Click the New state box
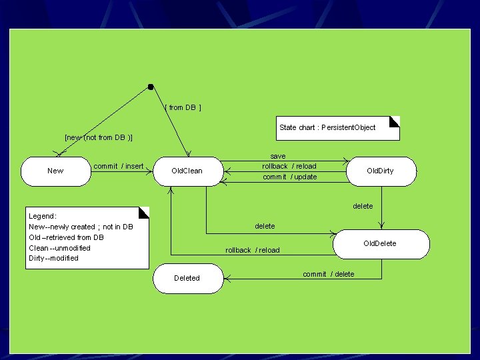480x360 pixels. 56,171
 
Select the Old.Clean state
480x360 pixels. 187,171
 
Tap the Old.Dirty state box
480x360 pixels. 381,171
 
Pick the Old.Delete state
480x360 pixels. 380,243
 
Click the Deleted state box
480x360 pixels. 187,278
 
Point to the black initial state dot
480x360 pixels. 151,87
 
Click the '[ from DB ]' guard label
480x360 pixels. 183,107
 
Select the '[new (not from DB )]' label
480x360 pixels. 99,138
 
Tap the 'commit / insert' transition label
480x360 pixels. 119,166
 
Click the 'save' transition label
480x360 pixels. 278,156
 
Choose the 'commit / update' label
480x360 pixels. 290,177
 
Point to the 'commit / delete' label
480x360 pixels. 329,274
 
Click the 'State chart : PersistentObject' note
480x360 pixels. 327,127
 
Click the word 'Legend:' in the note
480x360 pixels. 43,216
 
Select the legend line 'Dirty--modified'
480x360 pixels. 53,258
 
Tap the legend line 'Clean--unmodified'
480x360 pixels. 59,248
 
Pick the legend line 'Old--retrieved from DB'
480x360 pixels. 66,237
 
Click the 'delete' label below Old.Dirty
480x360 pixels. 363,206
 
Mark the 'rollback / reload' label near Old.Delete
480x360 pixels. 253,250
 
